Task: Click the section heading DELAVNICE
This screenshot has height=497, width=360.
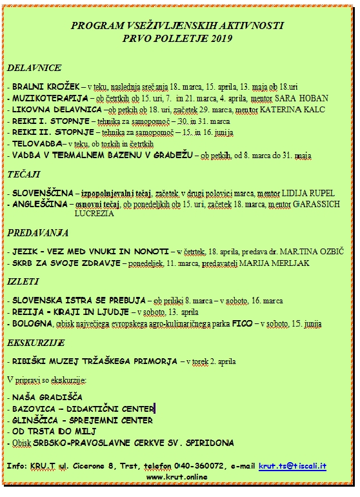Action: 34,67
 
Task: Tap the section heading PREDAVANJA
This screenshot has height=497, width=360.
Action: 37,232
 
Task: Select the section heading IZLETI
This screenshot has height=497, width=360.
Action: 23,281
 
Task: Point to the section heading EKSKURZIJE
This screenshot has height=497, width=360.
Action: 36,341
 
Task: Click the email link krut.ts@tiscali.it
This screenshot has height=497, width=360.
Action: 292,465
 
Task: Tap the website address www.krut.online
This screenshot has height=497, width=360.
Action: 177,477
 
